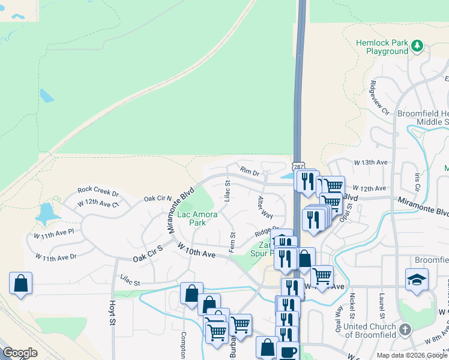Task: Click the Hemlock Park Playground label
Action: click(x=382, y=47)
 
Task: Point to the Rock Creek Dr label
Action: click(x=98, y=192)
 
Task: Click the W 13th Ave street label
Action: click(x=370, y=163)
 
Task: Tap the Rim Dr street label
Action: click(x=249, y=172)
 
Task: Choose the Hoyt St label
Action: click(x=112, y=313)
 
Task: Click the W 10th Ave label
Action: click(x=196, y=250)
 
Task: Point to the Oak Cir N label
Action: click(x=157, y=198)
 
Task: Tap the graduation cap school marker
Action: click(x=417, y=280)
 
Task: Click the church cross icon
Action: click(x=406, y=329)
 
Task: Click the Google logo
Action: click(x=20, y=353)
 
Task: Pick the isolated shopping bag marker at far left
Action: click(x=20, y=283)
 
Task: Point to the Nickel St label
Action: click(x=353, y=306)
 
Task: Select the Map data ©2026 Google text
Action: click(x=411, y=355)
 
